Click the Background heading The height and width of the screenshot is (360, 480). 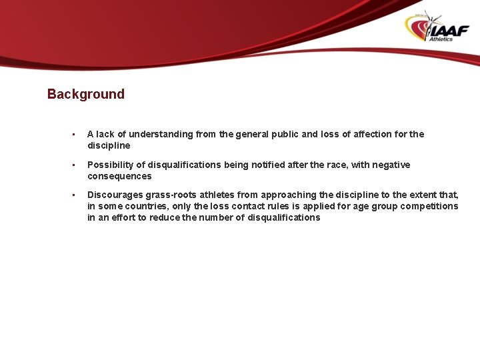point(85,94)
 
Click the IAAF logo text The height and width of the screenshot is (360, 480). point(449,30)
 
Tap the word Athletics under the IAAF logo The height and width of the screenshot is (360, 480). point(441,39)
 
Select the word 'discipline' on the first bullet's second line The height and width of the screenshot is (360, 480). point(109,145)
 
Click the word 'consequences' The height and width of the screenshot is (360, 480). point(119,176)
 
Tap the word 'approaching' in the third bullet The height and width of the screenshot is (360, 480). point(289,195)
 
